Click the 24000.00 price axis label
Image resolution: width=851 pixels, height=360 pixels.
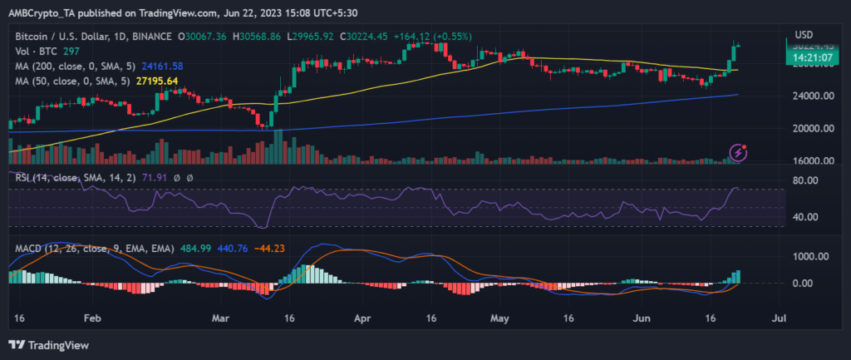pos(810,96)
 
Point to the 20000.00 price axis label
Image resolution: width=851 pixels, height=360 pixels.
pos(810,129)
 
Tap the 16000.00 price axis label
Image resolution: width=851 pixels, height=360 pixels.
pos(810,161)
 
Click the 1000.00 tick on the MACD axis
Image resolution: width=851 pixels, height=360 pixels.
pos(810,256)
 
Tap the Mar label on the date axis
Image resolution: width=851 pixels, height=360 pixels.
pos(221,318)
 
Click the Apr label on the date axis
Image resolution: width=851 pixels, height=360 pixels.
pos(362,318)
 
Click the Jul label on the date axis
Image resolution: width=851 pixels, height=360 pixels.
pos(779,318)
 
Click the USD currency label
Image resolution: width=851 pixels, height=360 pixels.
pos(803,34)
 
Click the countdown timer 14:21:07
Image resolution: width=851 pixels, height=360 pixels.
pos(809,58)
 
